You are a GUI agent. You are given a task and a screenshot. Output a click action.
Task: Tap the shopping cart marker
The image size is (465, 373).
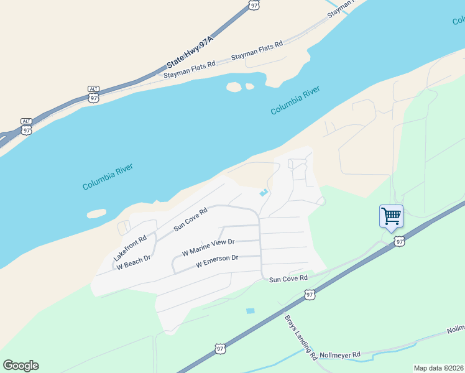pos(391,217)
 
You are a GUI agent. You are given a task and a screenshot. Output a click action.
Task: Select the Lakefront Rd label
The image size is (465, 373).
pos(130,247)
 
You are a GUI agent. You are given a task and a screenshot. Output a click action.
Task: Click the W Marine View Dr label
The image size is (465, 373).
pos(208,247)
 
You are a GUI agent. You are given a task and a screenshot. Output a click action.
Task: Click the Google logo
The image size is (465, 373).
pos(21,366)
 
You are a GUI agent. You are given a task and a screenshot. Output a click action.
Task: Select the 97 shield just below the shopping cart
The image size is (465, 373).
pos(399,241)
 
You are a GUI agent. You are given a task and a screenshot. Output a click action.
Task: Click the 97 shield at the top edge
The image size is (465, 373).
pos(254,4)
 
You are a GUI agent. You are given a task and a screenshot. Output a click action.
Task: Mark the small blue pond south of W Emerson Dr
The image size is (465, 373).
pos(251,311)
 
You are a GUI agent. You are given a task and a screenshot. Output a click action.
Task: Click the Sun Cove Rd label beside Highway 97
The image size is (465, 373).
pos(288,279)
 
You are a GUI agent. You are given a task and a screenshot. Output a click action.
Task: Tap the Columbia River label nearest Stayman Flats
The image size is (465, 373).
pos(295,101)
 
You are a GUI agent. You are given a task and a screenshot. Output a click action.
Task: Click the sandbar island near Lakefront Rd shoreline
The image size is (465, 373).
pos(96,214)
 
